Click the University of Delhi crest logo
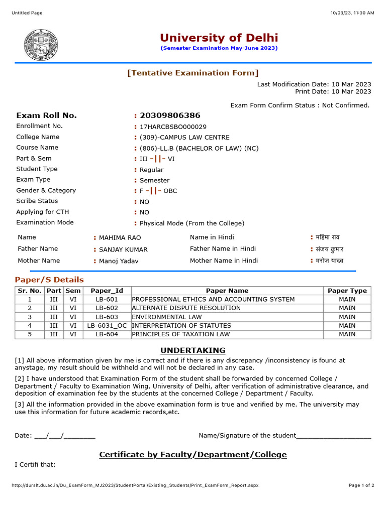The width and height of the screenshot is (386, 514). click(41, 45)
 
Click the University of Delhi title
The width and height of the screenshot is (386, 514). click(219, 38)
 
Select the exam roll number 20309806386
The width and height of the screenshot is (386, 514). click(170, 115)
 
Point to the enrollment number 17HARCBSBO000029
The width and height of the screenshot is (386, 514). click(173, 127)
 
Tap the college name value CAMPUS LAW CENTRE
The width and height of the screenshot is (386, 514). click(184, 138)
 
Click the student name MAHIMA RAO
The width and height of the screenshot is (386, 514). click(120, 238)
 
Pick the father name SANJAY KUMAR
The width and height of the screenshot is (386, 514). click(123, 249)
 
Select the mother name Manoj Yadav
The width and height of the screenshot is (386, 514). click(119, 261)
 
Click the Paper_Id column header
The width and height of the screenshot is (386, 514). click(107, 291)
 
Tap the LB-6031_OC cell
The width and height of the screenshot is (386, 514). click(107, 326)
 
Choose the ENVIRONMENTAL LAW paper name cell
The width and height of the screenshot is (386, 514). click(167, 317)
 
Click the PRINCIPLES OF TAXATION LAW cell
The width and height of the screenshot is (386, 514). click(181, 334)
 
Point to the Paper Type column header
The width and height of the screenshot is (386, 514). click(347, 291)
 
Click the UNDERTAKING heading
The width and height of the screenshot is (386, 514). click(193, 350)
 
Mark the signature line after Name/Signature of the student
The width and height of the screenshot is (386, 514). click(334, 436)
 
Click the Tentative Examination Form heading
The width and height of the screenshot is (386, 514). click(193, 73)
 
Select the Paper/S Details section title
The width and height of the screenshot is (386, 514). click(49, 280)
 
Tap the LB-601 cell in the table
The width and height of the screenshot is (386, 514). click(107, 300)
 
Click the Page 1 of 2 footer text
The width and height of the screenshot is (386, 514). click(361, 485)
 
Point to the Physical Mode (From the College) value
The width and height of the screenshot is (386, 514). click(191, 223)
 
